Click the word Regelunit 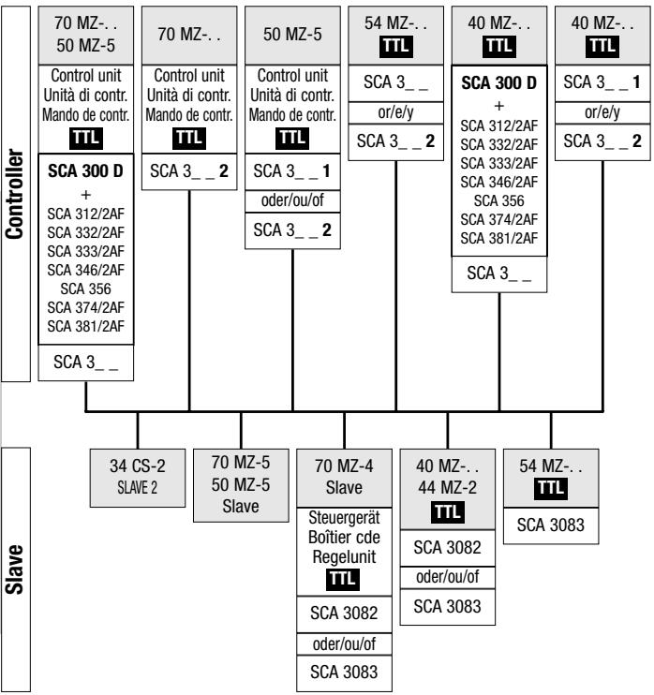pos(344,555)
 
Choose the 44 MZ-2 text pos(447,485)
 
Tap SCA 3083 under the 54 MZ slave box pos(550,527)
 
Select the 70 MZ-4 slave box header pos(344,476)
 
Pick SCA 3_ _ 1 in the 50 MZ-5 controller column pos(292,172)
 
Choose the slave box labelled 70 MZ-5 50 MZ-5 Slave pos(241,484)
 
